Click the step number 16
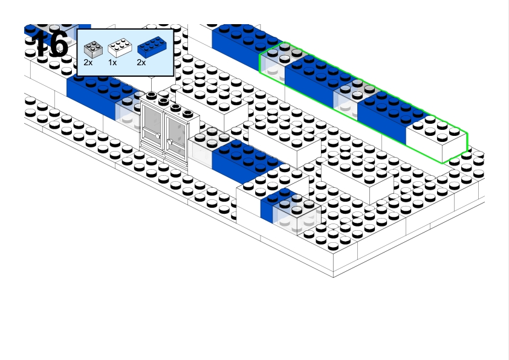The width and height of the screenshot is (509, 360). coord(50,44)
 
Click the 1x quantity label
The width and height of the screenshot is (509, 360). coord(112,62)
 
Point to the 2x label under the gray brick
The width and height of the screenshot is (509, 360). coord(88,62)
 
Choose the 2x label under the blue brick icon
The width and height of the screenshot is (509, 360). coord(141,62)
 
